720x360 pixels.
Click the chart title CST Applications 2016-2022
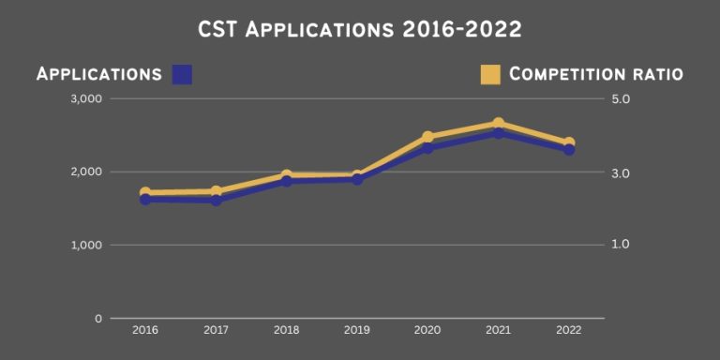359,30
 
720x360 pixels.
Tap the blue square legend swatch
183,74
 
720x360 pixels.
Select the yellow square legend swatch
489,74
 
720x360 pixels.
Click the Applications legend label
99,74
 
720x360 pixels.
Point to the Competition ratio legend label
595,74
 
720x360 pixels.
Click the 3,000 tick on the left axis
87,98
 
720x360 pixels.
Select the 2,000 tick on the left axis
87,172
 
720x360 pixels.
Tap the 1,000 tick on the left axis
87,245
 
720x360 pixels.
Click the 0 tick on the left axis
97,319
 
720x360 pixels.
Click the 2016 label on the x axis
145,330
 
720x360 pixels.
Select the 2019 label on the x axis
356,330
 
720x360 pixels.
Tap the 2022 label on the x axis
568,330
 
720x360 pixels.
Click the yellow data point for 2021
499,124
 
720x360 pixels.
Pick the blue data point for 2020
427,148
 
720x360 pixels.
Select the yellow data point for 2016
145,193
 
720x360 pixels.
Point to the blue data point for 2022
569,150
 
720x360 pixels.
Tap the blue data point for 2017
217,200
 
